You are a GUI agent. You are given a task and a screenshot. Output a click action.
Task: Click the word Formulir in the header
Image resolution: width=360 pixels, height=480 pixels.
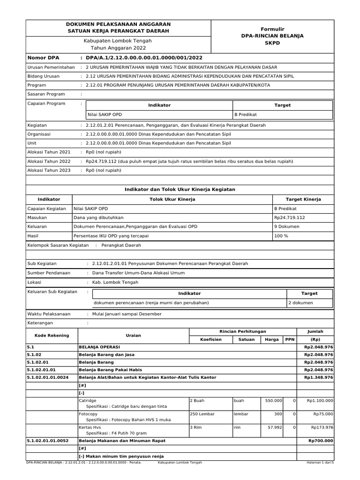click(x=272, y=29)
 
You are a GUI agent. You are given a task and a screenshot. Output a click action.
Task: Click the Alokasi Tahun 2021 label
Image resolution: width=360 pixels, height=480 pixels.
click(x=49, y=152)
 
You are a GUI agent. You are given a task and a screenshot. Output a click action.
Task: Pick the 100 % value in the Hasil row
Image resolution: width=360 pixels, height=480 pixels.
click(x=281, y=235)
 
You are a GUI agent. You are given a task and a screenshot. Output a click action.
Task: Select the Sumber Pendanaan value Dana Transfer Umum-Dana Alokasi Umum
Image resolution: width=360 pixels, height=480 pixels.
click(x=138, y=273)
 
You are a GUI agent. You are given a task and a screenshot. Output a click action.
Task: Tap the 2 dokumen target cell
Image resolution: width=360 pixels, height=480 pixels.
click(x=300, y=303)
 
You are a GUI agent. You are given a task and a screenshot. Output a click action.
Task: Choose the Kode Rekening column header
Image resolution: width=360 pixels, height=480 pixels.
click(x=52, y=335)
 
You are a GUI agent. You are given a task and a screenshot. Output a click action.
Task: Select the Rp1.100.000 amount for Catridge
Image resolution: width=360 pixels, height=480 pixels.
click(x=320, y=401)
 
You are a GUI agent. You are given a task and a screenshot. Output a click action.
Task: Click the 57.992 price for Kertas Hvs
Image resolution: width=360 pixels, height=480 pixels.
click(x=274, y=427)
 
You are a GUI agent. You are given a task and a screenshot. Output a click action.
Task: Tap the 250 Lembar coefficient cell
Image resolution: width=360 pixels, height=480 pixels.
click(x=202, y=414)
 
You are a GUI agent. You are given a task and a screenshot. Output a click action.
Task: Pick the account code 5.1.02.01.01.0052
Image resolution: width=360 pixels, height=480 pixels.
click(x=48, y=441)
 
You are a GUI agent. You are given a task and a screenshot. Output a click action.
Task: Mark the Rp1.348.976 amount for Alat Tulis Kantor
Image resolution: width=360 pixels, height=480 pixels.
click(x=318, y=377)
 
